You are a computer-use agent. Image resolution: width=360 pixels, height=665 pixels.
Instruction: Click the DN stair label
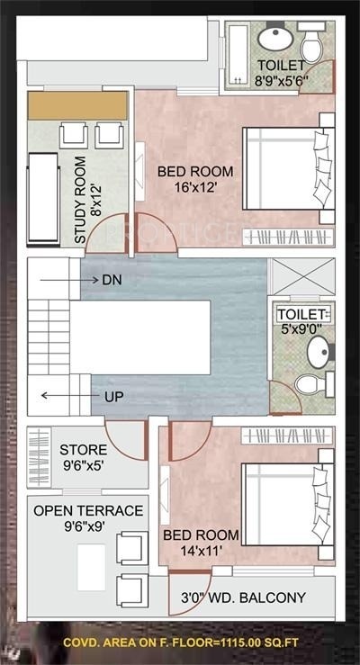point(112,280)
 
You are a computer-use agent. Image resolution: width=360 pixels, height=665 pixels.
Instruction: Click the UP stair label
point(113,396)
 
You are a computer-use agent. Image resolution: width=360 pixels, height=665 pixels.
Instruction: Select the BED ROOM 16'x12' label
point(195,179)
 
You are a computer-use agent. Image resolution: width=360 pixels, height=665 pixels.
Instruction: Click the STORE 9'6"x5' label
point(83,457)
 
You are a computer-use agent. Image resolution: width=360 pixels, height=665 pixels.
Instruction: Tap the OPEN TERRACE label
point(87,518)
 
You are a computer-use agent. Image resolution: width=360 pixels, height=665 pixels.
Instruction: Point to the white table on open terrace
point(91,568)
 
